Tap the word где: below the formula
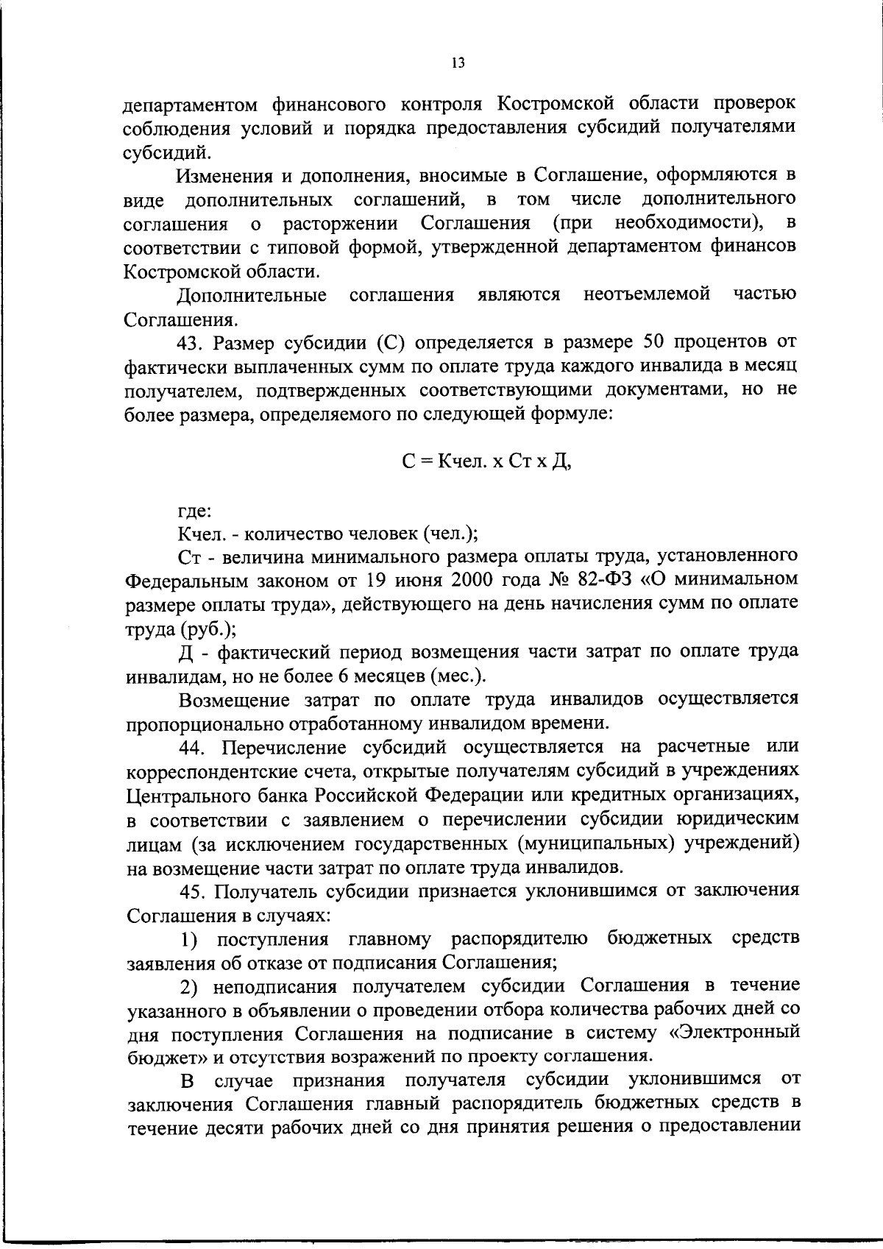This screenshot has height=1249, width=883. [x=195, y=509]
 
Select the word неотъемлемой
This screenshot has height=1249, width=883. [x=647, y=295]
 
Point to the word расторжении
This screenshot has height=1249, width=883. [x=341, y=223]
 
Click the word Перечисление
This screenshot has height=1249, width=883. [x=284, y=748]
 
